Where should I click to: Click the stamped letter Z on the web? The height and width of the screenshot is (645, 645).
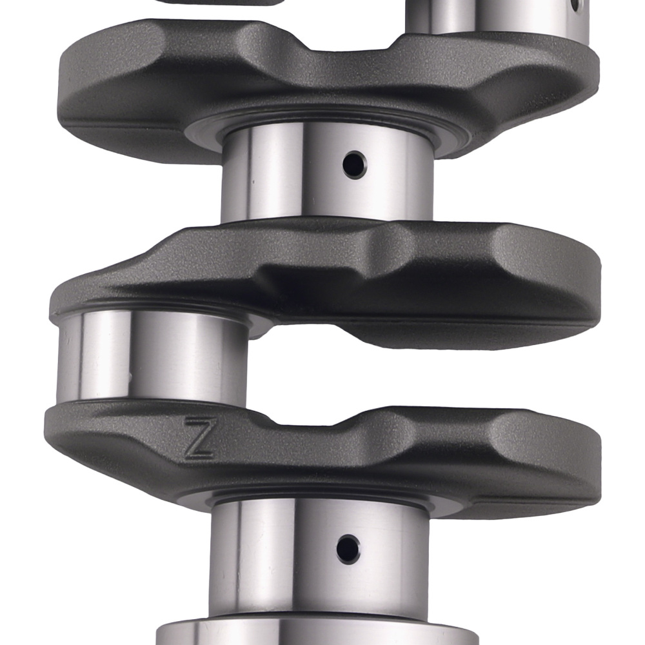[199, 438]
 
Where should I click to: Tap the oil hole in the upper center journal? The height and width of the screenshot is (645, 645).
[353, 165]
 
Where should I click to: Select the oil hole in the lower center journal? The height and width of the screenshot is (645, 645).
[348, 549]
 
